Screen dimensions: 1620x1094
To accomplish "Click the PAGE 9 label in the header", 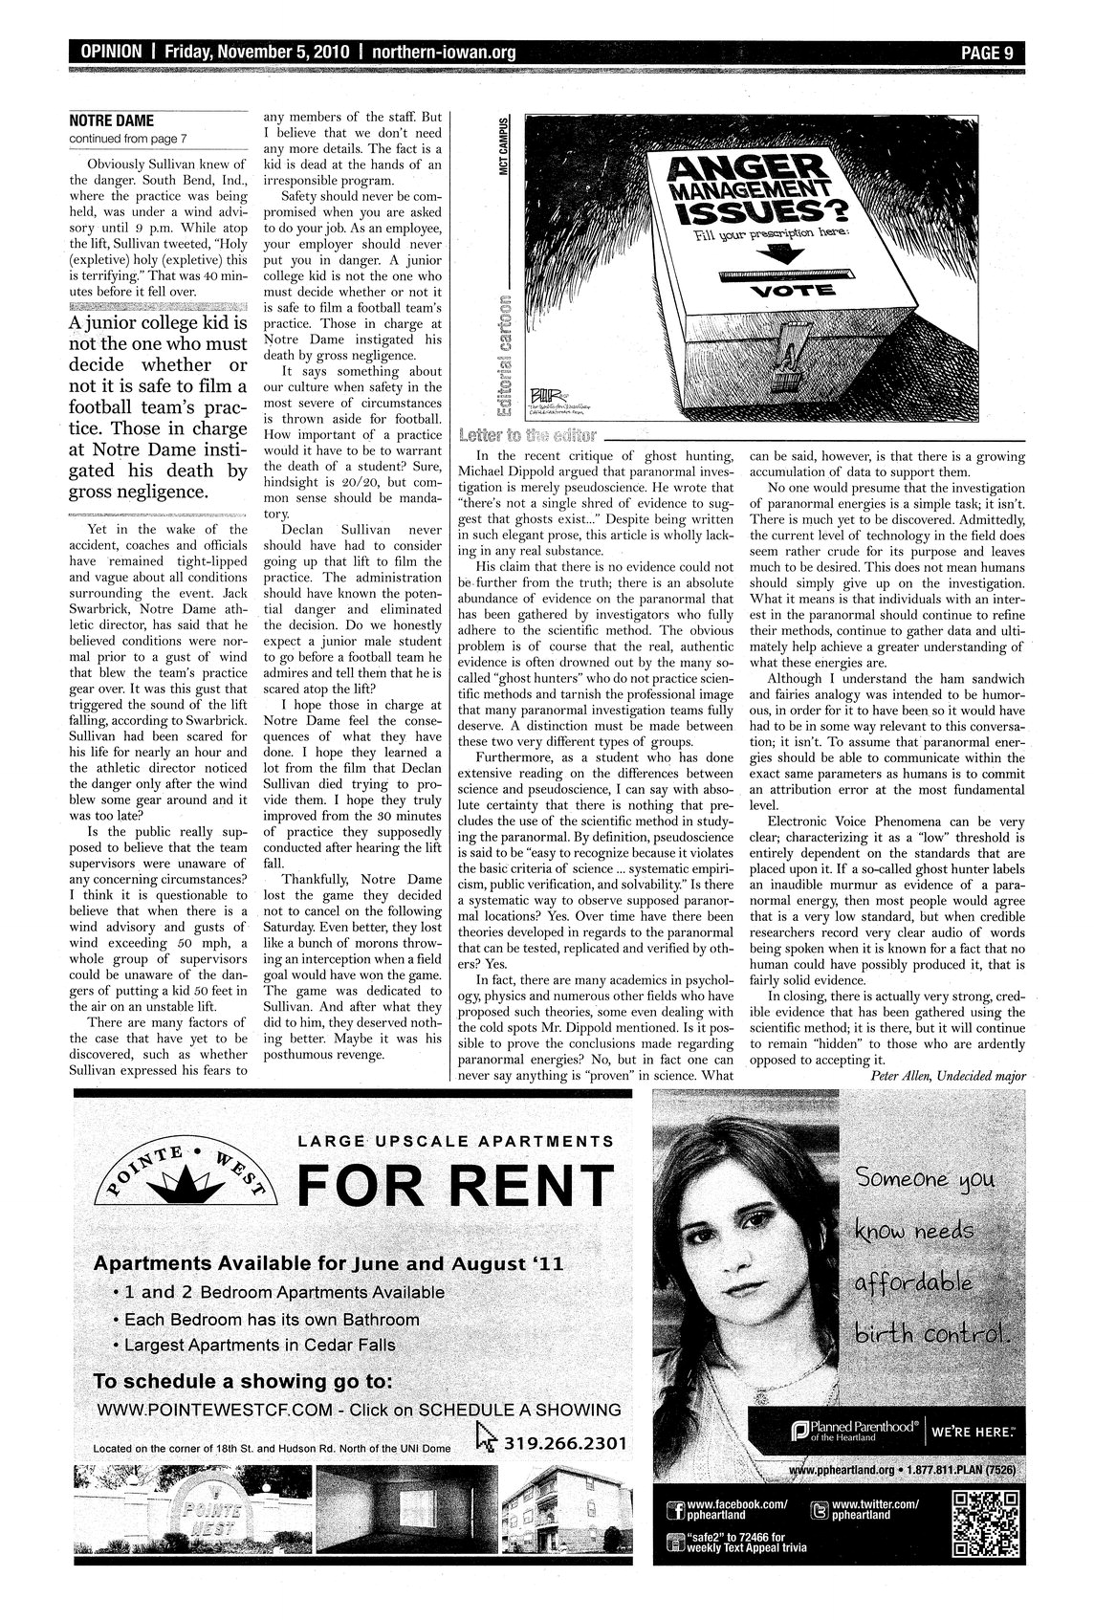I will tap(986, 53).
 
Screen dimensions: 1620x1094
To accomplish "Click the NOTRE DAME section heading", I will tap(112, 120).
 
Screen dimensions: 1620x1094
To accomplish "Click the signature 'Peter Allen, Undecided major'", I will tap(948, 1074).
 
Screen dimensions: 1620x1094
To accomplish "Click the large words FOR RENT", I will tap(454, 1186).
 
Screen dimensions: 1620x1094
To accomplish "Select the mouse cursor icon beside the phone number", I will tap(487, 1437).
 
